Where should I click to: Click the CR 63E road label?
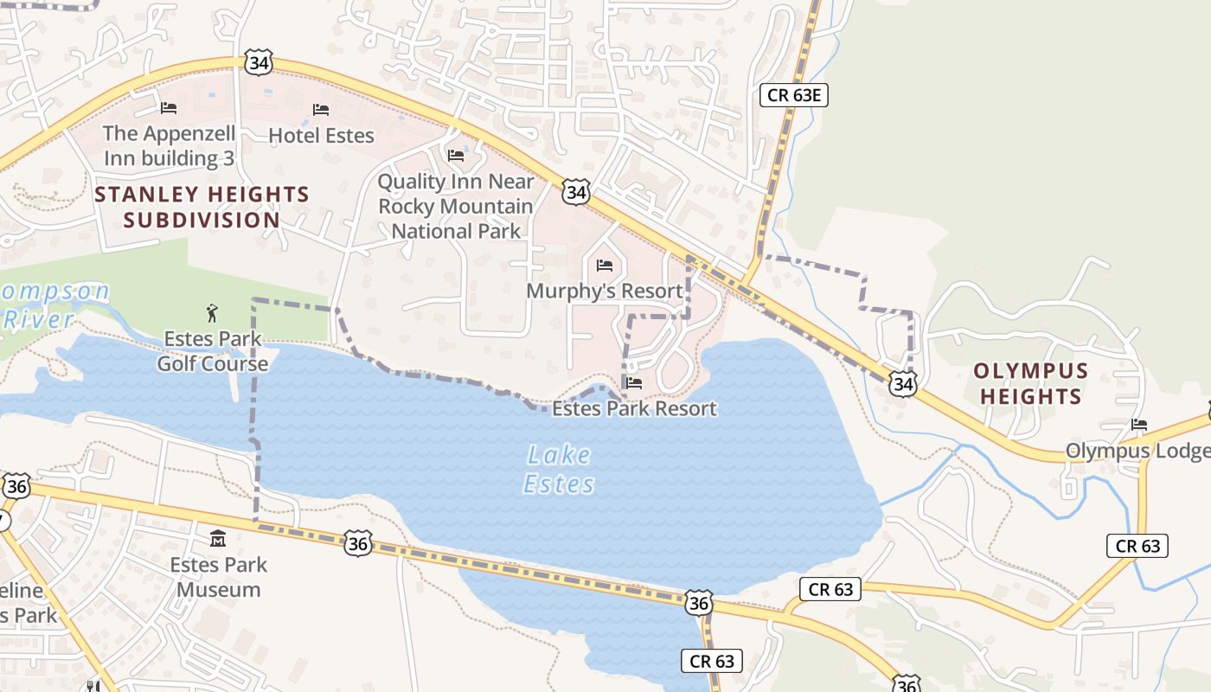(793, 94)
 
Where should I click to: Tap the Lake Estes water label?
(559, 469)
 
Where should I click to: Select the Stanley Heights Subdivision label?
(202, 207)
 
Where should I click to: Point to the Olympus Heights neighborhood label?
(1030, 383)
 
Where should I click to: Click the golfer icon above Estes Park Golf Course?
(212, 312)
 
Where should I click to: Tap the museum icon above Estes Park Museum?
(218, 539)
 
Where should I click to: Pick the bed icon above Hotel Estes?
(321, 110)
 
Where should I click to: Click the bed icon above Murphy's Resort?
(605, 266)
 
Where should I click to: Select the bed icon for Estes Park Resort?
(634, 383)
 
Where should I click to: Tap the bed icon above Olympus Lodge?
(1139, 425)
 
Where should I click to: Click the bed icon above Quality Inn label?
(456, 156)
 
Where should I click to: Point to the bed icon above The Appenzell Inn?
(169, 108)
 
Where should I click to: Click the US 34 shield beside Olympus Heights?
(902, 383)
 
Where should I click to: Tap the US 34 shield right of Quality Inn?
(575, 191)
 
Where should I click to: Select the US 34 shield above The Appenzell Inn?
(258, 61)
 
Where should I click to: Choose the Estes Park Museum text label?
(219, 577)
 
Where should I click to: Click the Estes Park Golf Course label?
(213, 351)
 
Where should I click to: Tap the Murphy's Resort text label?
(605, 291)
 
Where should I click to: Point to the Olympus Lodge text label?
(1137, 451)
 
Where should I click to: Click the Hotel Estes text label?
(321, 136)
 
